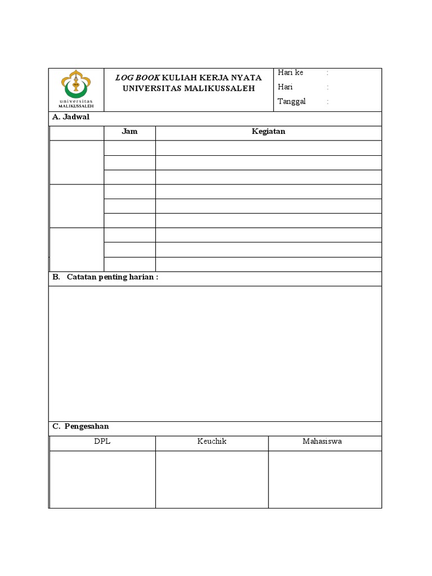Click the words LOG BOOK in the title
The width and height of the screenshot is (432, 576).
(x=138, y=78)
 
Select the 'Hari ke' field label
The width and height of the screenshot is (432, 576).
(x=290, y=73)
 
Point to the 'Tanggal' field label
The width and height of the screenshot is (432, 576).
(x=291, y=102)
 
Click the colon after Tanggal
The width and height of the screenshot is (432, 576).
(x=327, y=102)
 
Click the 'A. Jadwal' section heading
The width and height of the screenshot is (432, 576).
(x=71, y=117)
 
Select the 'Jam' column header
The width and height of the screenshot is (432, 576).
(x=129, y=132)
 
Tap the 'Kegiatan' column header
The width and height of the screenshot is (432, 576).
(x=268, y=132)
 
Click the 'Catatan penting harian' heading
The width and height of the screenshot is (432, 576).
(x=112, y=277)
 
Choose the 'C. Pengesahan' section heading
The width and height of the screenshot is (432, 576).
(x=81, y=427)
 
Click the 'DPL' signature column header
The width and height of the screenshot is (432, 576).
(x=102, y=442)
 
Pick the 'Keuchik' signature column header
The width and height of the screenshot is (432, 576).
(x=211, y=442)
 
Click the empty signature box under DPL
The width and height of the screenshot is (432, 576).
(x=102, y=479)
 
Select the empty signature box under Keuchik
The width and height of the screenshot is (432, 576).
(x=211, y=479)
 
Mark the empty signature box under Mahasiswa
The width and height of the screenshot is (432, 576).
(x=325, y=479)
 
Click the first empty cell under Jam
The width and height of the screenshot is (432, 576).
(x=129, y=148)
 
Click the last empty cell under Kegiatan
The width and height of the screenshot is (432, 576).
(x=268, y=264)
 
